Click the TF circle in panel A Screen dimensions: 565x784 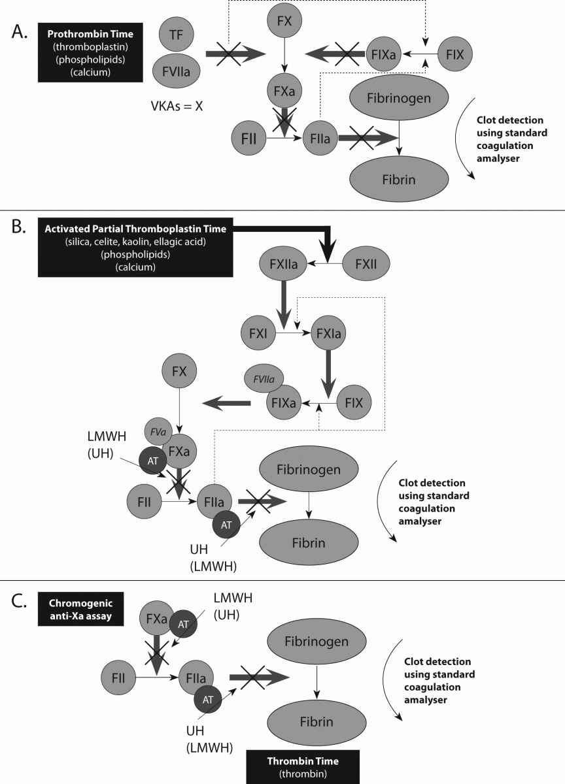pos(176,34)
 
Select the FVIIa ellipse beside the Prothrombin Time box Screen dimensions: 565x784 pos(176,71)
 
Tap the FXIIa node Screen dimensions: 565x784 pos(283,263)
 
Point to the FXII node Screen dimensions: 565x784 pos(366,263)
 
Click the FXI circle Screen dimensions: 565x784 pos(258,333)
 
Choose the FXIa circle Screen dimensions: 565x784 pos(328,333)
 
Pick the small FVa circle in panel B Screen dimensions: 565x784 pos(158,432)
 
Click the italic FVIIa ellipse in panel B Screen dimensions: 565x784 pos(264,379)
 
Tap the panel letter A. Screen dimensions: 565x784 pos(19,32)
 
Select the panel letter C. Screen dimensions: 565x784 pos(19,601)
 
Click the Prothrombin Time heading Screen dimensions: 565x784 pos(90,34)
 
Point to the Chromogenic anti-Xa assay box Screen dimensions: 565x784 pos(80,609)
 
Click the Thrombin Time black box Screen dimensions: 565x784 pos(303,767)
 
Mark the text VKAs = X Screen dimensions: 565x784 pos(177,106)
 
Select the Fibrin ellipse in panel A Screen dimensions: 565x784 pos(399,179)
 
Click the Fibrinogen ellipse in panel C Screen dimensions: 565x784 pos(317,641)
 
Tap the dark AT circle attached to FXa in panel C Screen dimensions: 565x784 pos(183,624)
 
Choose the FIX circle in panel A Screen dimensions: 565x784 pos(455,54)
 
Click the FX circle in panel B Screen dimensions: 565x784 pos(179,370)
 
